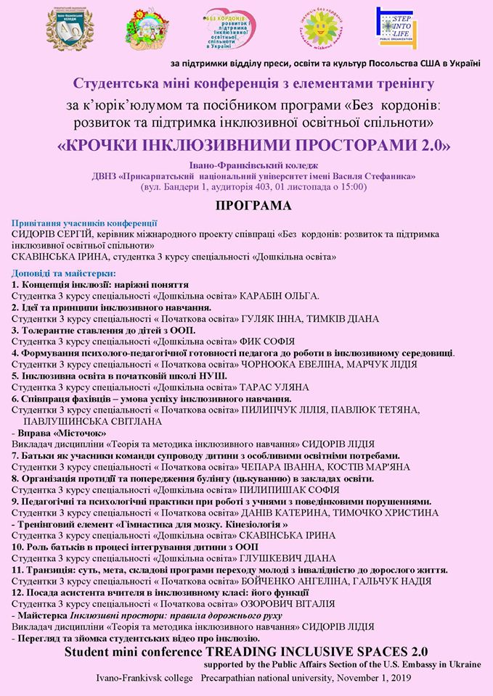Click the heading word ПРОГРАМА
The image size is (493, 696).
(x=252, y=206)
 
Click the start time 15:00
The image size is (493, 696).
(x=349, y=186)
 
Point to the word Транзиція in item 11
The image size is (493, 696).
(x=47, y=570)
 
